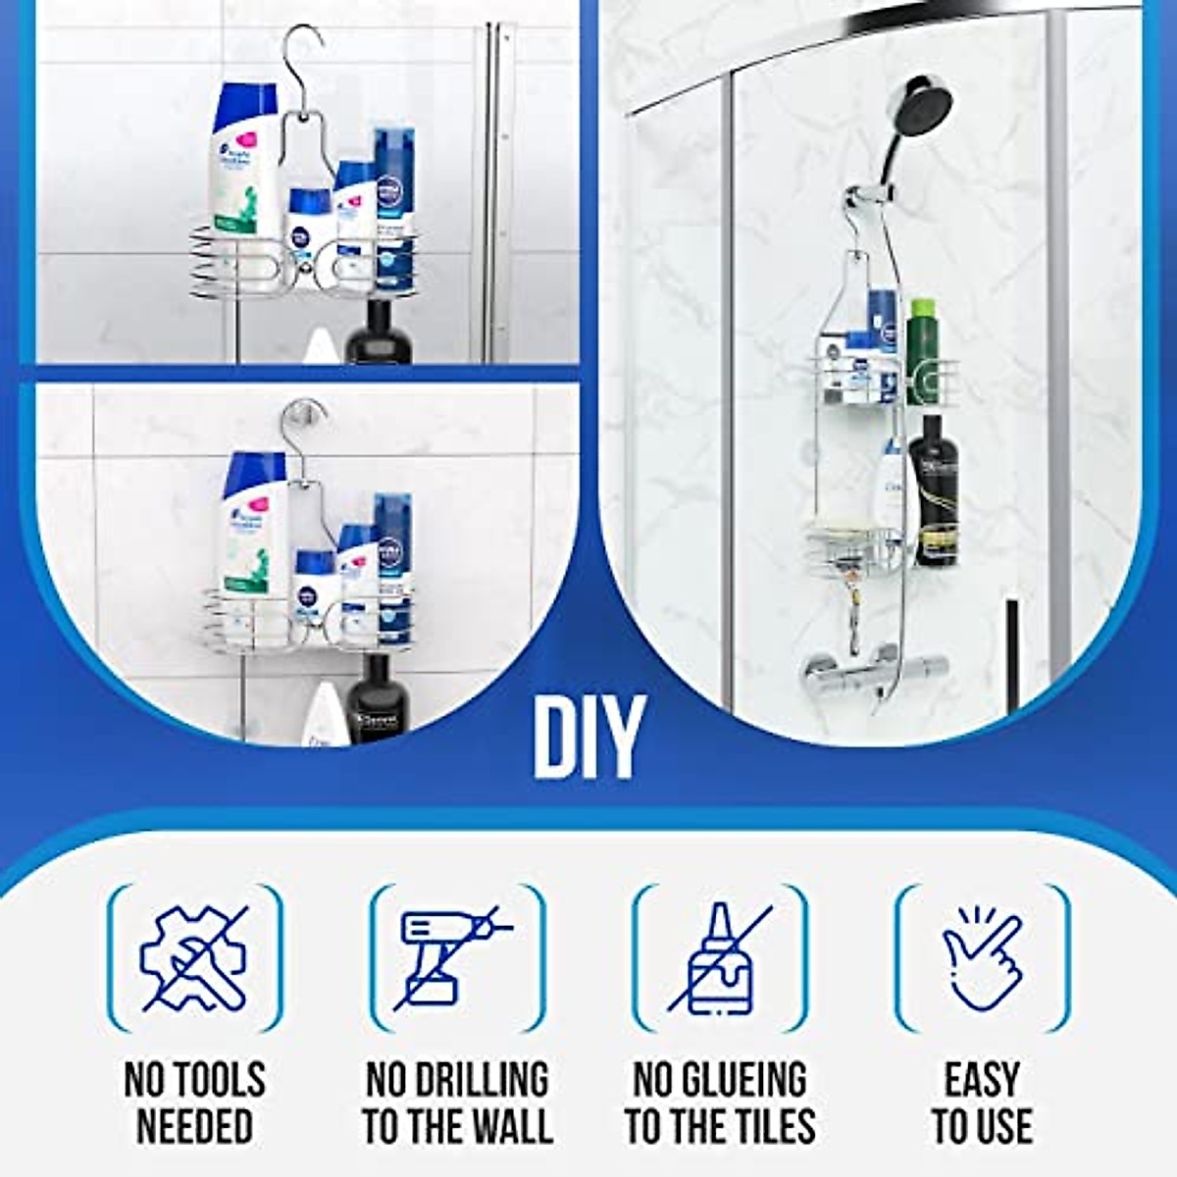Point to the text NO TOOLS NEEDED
point(194,1101)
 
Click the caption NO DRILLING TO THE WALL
point(457,1101)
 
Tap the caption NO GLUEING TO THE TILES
point(720,1101)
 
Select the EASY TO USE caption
point(982,1101)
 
